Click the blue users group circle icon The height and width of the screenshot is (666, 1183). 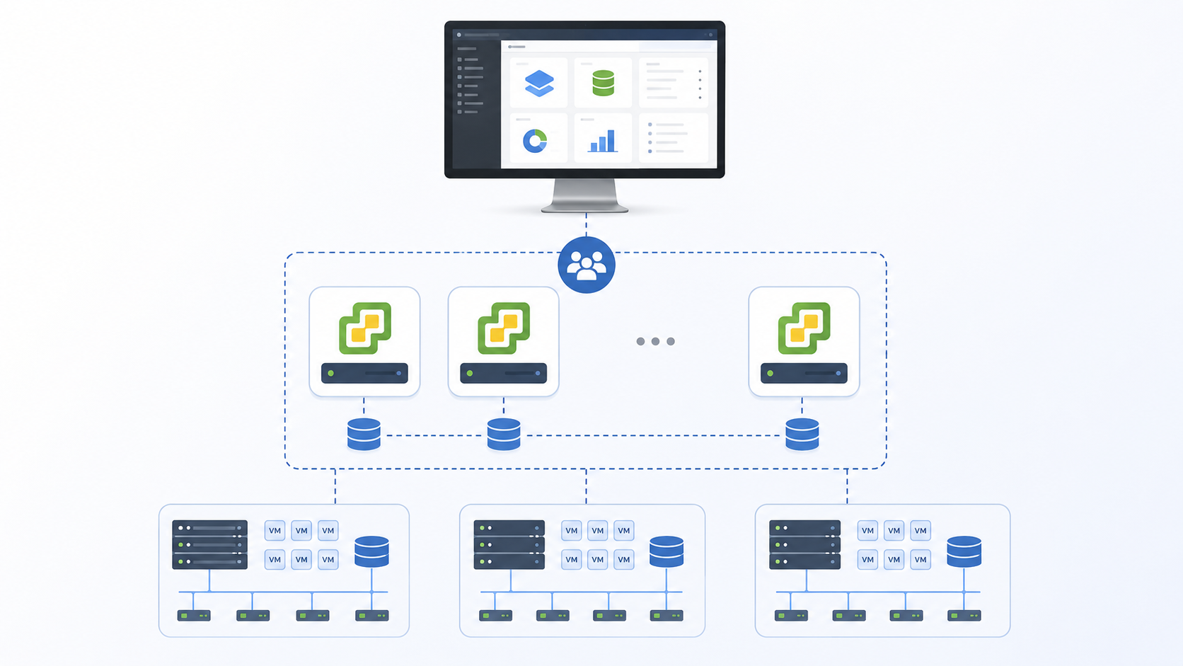point(587,265)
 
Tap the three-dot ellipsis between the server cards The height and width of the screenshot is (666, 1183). point(655,341)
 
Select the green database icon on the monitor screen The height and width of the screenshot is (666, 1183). point(603,83)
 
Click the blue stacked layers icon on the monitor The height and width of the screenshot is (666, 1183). point(539,84)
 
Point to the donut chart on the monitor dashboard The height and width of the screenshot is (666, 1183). point(535,141)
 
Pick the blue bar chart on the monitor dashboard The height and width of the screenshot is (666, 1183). point(603,141)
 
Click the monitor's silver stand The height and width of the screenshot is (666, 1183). point(584,195)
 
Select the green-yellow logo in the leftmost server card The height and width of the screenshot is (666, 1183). point(365,328)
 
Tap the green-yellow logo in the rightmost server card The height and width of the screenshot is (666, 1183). point(804,328)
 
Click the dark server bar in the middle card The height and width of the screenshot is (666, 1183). point(503,373)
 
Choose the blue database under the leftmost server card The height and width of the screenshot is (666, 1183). point(364,434)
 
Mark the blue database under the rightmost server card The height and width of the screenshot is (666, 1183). point(802,434)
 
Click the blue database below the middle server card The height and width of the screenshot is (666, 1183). point(504,434)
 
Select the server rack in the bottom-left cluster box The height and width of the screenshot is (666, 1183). point(209,544)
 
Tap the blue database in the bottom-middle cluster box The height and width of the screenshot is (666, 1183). point(666,551)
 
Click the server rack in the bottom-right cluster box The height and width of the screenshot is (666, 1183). point(805,544)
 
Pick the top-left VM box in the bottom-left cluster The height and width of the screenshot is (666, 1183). point(275,530)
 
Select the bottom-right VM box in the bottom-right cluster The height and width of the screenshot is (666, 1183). point(921,559)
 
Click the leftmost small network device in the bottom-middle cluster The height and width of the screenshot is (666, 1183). point(495,615)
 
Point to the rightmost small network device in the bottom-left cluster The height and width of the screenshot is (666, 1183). point(371,615)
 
